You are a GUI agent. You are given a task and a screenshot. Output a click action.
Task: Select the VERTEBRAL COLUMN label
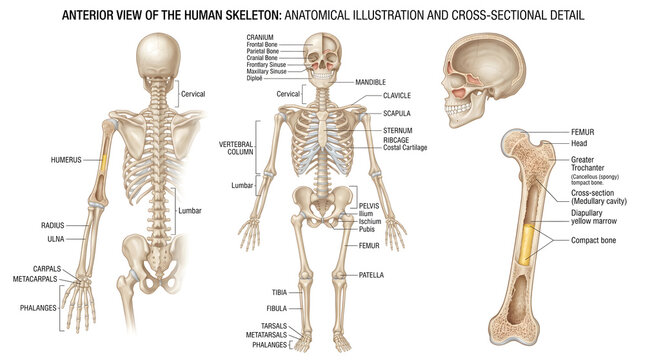(x=237, y=149)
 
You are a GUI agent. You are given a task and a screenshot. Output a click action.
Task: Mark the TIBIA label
(x=278, y=292)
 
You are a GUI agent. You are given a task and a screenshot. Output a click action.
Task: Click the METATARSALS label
(x=269, y=335)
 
